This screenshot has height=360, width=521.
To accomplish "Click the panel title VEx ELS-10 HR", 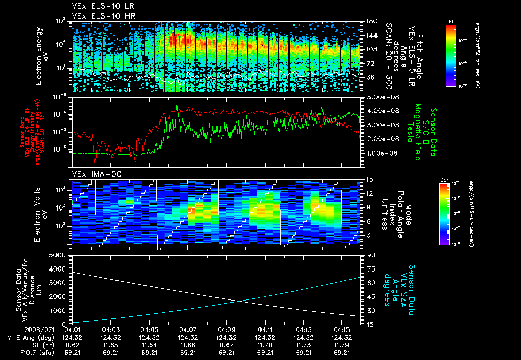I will click(x=100, y=16).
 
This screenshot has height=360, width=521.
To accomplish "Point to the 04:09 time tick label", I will click(x=226, y=329).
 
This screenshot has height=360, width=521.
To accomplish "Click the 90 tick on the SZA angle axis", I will click(x=370, y=255).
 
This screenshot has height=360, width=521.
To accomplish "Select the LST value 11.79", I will click(x=342, y=344).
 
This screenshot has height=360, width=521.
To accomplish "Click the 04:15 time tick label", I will click(x=342, y=329).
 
